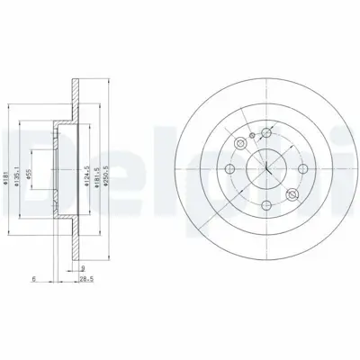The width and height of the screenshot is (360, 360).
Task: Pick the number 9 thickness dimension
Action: [82, 268]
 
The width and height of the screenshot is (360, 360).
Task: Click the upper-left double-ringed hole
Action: [240, 144]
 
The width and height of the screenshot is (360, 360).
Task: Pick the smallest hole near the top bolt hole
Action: [254, 138]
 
